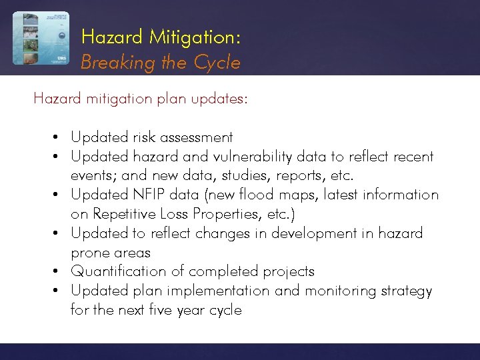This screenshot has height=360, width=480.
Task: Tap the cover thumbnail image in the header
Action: (41, 38)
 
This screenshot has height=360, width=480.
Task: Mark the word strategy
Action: (407, 291)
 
